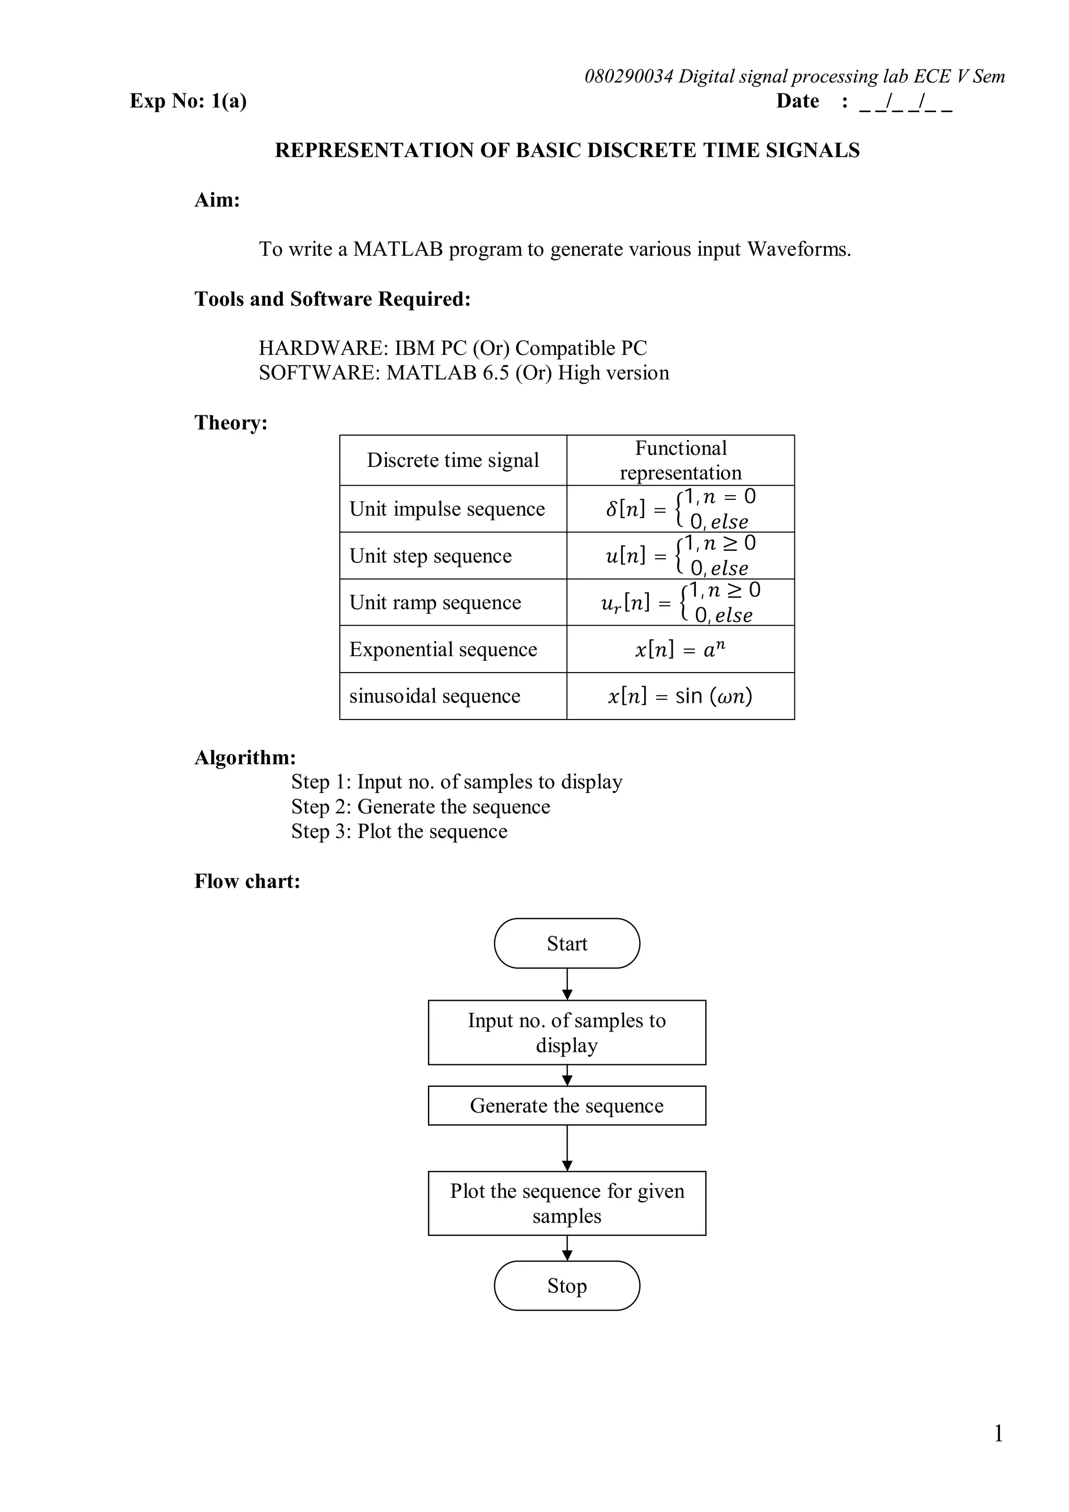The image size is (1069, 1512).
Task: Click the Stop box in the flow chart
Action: [x=566, y=1286]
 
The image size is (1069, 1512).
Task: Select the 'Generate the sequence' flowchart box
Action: [x=566, y=1106]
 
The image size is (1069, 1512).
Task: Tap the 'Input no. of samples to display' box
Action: [x=566, y=1033]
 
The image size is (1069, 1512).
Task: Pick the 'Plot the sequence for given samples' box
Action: [x=566, y=1203]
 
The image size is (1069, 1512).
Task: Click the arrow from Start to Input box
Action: [x=567, y=984]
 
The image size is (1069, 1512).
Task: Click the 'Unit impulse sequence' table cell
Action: [x=447, y=509]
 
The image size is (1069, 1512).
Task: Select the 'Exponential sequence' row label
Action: [x=443, y=650]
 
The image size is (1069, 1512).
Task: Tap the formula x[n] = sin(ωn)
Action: [x=680, y=696]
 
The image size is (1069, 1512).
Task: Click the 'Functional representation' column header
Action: [x=681, y=460]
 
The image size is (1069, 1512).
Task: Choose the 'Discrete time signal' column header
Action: [x=453, y=460]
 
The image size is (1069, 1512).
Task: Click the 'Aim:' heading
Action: [x=217, y=199]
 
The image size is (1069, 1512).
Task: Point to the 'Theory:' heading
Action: [x=231, y=422]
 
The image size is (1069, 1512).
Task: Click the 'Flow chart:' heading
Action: [x=247, y=881]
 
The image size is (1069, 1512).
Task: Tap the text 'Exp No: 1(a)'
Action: [x=188, y=101]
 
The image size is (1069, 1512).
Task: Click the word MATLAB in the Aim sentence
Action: [x=398, y=249]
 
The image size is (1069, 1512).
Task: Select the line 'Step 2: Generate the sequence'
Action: [x=420, y=807]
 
